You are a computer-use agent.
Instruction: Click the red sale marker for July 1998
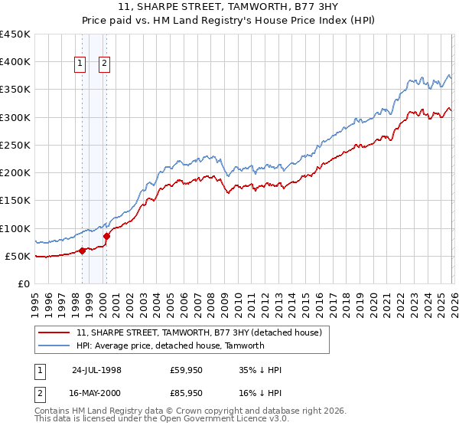[x=82, y=251]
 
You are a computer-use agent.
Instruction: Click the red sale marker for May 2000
[x=106, y=236]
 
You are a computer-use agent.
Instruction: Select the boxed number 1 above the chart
[x=80, y=65]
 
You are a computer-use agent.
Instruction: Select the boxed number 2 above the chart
[x=105, y=65]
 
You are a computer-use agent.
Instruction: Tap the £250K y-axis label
[x=15, y=145]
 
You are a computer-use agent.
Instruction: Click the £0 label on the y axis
[x=23, y=283]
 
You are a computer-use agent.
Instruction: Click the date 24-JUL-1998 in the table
[x=96, y=369]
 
